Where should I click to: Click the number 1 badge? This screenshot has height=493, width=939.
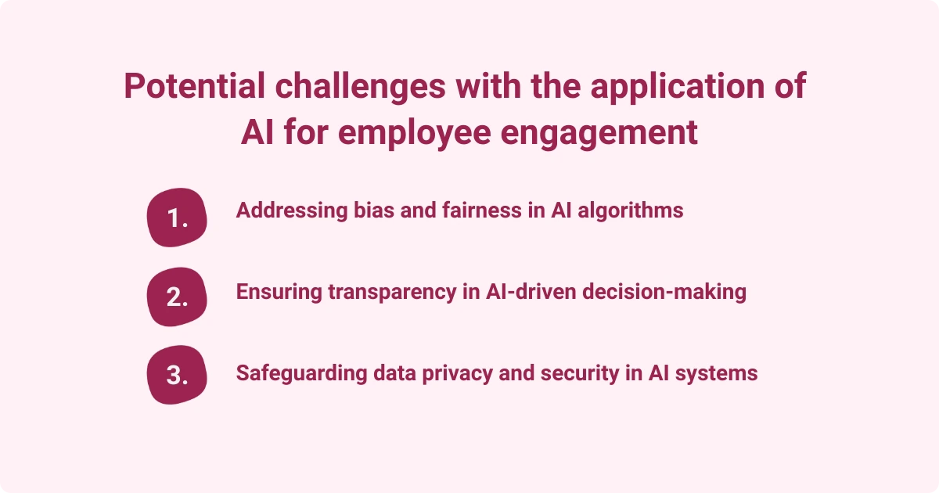(177, 218)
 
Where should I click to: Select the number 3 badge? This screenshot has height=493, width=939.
(177, 375)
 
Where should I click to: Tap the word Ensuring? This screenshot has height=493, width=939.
(277, 292)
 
